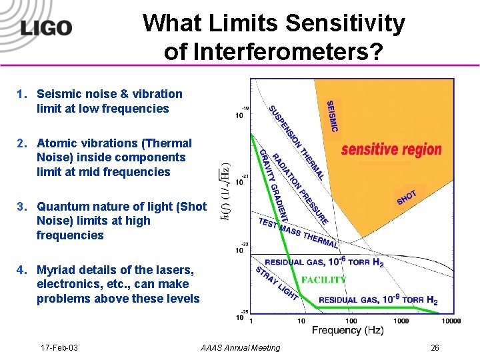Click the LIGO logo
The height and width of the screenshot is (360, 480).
(x=46, y=28)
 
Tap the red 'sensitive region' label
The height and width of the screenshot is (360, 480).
(x=391, y=149)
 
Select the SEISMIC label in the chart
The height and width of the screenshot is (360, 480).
(x=332, y=115)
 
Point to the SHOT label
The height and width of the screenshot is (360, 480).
(x=407, y=197)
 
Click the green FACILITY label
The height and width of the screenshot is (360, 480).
(x=324, y=280)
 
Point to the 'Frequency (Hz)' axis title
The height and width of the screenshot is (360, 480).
(x=347, y=331)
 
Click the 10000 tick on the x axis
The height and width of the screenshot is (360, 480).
(x=450, y=321)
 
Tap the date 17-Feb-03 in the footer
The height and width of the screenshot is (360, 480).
(x=59, y=348)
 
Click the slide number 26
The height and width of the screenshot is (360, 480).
(x=435, y=348)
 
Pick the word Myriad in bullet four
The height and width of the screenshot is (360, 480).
(x=56, y=270)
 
